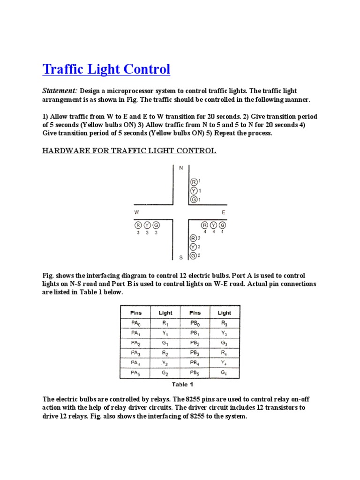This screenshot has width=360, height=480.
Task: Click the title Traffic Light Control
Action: click(x=106, y=70)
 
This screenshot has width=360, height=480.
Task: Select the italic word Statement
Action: click(x=60, y=90)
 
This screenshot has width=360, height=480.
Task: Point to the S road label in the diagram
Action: click(x=181, y=257)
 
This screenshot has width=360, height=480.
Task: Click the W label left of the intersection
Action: click(x=136, y=212)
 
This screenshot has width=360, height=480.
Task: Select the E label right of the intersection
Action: click(x=224, y=212)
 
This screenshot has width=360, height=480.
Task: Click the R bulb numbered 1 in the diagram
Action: click(x=193, y=182)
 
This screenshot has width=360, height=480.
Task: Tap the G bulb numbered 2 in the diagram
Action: click(x=193, y=255)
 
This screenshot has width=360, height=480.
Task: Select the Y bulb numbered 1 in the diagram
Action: click(x=193, y=191)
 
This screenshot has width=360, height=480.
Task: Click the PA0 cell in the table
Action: click(x=135, y=322)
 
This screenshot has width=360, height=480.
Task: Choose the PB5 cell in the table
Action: click(x=195, y=373)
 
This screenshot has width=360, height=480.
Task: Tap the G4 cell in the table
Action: click(x=224, y=373)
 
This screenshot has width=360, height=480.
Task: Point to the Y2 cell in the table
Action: click(x=165, y=363)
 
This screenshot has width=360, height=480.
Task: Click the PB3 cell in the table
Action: click(x=195, y=353)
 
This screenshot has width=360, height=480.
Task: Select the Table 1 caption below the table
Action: click(x=182, y=384)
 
